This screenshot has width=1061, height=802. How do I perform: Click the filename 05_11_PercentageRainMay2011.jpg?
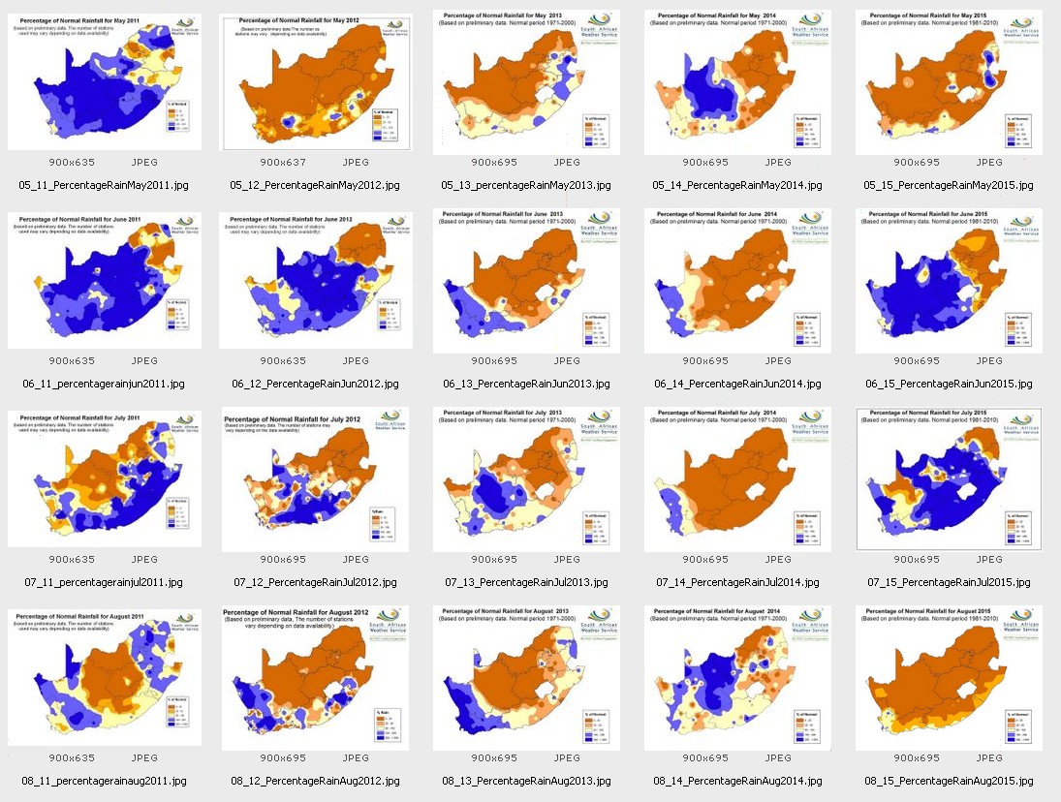coord(105,185)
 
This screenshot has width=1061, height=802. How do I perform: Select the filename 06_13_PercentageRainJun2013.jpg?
coord(527,384)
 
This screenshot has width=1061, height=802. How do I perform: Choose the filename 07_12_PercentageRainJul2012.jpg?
coord(316,582)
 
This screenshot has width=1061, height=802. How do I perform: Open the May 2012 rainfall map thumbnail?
coord(316,83)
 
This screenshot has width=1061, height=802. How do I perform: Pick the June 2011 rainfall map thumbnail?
coord(105,281)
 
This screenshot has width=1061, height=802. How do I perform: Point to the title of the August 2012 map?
coord(302,612)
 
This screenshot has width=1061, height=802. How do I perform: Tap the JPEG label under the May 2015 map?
coord(989,163)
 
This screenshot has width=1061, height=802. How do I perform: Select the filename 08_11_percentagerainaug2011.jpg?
coord(105,781)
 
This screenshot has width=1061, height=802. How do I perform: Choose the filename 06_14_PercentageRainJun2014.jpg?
coord(738,384)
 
